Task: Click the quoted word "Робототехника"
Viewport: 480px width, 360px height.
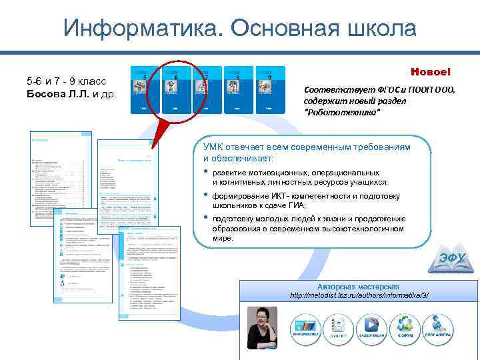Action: click(342, 112)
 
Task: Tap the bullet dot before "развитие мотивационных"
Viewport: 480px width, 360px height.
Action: click(205, 172)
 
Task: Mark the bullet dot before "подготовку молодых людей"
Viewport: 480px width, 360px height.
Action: click(205, 219)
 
